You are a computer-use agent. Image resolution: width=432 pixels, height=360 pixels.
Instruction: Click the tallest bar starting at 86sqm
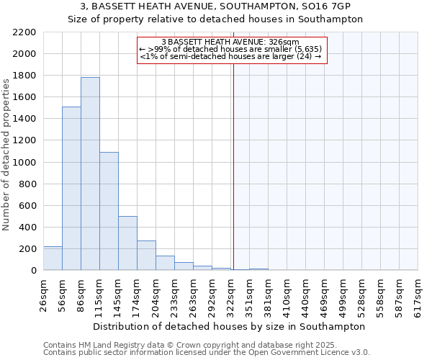click(x=90, y=174)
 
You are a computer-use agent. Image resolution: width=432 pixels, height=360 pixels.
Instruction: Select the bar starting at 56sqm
click(x=71, y=189)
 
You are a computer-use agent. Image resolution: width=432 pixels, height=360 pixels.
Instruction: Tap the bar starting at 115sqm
click(x=109, y=211)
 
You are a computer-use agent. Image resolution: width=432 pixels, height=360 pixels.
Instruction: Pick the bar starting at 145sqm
click(x=127, y=243)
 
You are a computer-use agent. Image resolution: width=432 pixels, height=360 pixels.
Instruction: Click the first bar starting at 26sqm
click(x=53, y=258)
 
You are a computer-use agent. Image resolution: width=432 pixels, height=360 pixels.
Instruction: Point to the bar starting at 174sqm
click(x=146, y=256)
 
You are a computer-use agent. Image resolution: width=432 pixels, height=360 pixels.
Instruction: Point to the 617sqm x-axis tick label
click(x=418, y=295)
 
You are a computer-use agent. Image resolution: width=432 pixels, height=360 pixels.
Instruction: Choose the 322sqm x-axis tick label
click(x=231, y=295)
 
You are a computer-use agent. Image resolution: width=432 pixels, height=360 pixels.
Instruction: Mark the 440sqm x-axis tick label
click(x=306, y=295)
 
